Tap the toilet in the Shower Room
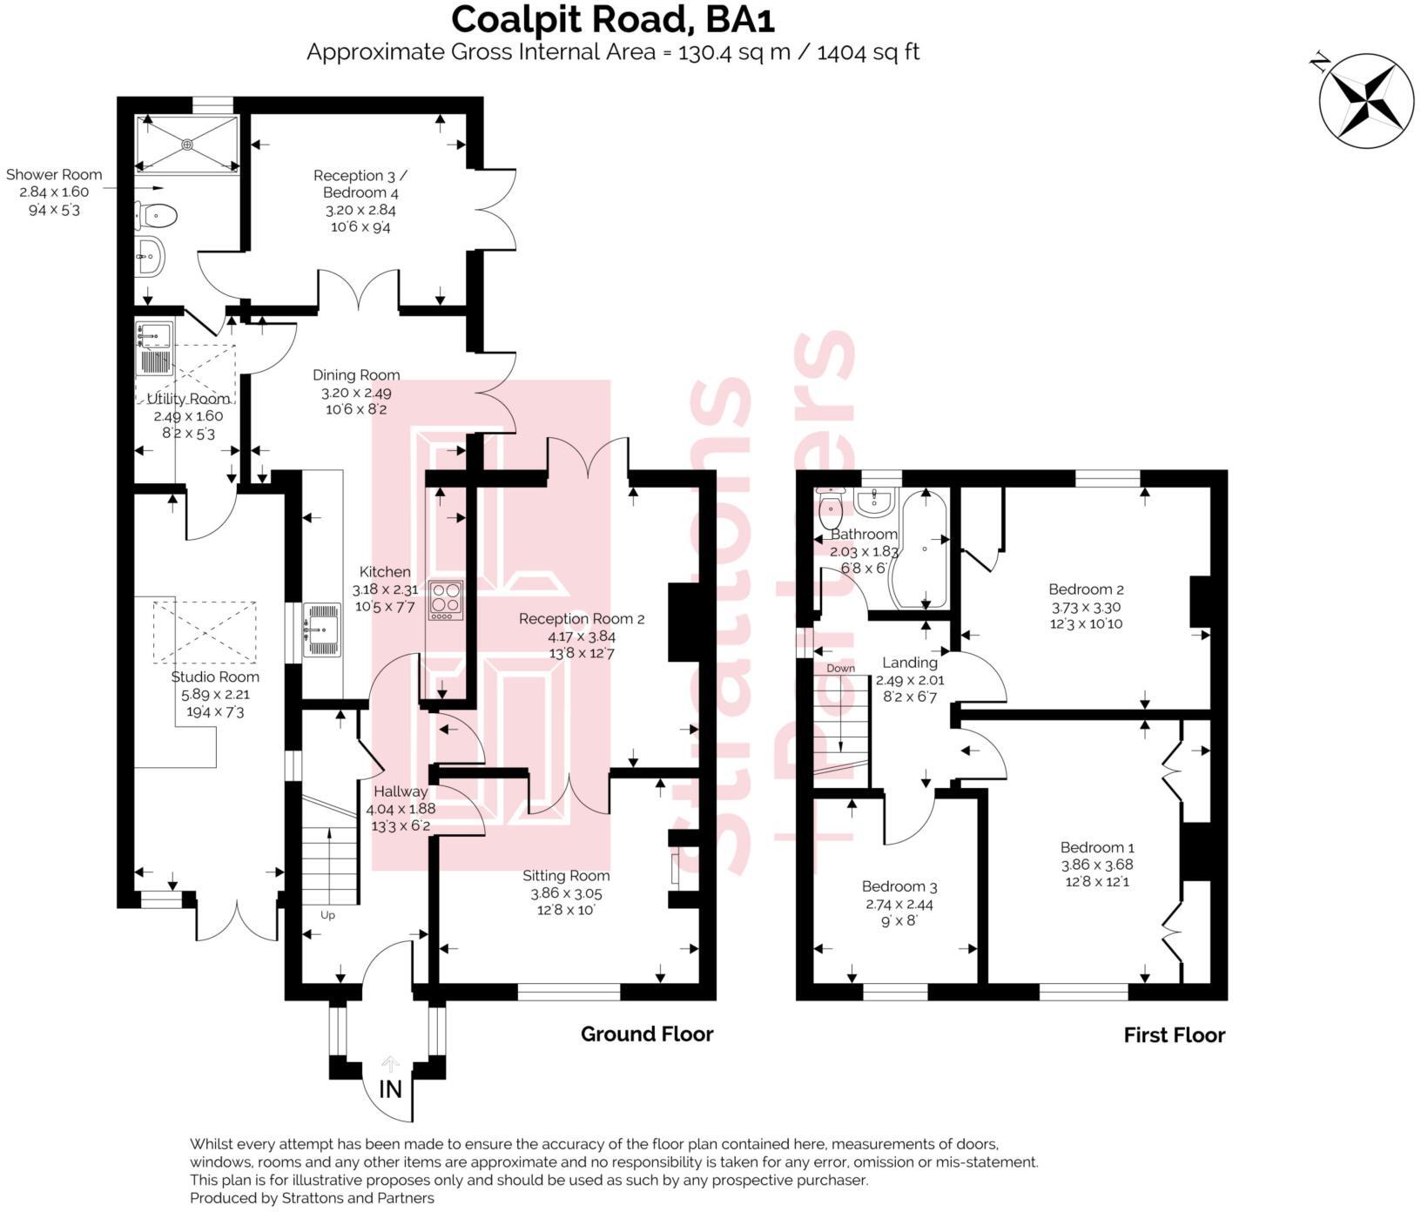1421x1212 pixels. coord(157,214)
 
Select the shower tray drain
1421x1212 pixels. coord(186,144)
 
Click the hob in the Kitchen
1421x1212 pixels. coord(445,599)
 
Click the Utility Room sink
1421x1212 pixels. coord(155,333)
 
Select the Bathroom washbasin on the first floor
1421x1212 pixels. coord(874,502)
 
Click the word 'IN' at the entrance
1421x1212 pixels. coord(391,1088)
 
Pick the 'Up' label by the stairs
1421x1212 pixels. coord(327,915)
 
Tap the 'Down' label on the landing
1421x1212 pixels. coord(840,669)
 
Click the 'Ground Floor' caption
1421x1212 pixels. coord(647,1034)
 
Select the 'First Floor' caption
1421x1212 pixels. coord(1174,1034)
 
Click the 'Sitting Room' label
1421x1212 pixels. coord(566,875)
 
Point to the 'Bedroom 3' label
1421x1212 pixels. coord(899,886)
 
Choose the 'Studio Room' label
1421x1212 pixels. coord(215,677)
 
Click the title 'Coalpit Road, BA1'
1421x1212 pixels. coord(612,19)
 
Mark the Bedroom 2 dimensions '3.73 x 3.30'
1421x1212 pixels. coord(1085,608)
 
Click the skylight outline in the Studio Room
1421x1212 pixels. coord(205,632)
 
